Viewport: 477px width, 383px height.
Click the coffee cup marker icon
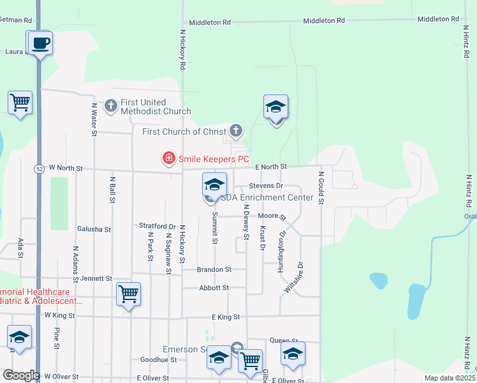[40, 43]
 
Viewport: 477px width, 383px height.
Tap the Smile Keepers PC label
[213, 159]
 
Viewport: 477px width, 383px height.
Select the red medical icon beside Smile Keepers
[169, 158]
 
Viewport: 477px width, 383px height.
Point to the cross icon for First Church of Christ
[236, 131]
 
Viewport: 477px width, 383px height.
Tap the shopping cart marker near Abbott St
[129, 294]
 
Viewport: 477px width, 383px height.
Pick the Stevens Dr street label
[266, 186]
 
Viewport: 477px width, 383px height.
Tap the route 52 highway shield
[39, 169]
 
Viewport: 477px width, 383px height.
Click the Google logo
[21, 375]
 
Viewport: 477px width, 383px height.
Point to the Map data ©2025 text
[450, 378]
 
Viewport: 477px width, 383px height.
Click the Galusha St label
[94, 229]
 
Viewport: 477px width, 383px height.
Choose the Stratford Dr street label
[157, 226]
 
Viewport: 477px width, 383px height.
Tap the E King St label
[226, 317]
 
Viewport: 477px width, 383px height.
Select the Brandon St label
[214, 269]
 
